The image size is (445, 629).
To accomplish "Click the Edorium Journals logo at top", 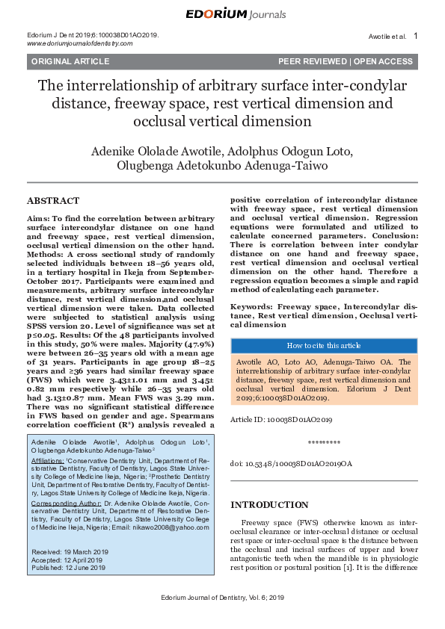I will [x=222, y=13].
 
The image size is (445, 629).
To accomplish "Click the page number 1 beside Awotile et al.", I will [x=415, y=35].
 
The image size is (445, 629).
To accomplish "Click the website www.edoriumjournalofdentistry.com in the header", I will [x=79, y=43].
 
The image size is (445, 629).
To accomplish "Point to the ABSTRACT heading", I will [x=52, y=201].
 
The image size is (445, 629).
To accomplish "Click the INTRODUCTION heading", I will [x=269, y=505].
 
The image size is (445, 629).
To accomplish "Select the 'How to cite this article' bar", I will [x=324, y=345].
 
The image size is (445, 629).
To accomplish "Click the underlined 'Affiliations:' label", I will [x=48, y=462].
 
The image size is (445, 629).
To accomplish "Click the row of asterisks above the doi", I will [x=324, y=442].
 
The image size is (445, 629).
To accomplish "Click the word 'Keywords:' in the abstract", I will [x=251, y=306].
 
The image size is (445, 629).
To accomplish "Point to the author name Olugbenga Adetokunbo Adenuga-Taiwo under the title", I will [x=222, y=166].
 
